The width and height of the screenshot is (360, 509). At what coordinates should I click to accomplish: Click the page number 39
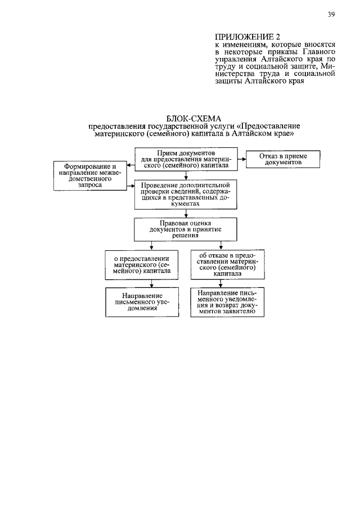click(x=331, y=14)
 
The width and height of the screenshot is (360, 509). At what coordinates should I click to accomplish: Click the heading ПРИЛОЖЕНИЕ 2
click(x=247, y=37)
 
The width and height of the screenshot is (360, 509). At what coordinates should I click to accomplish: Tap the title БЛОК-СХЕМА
click(x=194, y=119)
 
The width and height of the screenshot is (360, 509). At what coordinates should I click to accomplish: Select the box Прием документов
click(x=186, y=159)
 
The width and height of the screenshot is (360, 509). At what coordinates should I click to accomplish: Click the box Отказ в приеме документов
click(x=283, y=159)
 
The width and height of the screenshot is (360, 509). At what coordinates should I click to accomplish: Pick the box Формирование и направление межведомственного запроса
click(x=90, y=175)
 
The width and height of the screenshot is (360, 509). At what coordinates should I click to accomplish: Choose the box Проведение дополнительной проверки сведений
click(x=186, y=195)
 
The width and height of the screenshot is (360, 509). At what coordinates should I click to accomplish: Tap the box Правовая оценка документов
click(x=186, y=229)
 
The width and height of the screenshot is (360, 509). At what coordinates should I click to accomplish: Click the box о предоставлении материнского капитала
click(x=142, y=264)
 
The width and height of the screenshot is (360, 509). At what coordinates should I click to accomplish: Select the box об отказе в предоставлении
click(x=228, y=264)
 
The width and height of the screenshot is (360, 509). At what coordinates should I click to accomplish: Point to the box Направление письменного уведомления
click(x=142, y=302)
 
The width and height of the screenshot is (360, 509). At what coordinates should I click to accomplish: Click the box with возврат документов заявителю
click(x=227, y=302)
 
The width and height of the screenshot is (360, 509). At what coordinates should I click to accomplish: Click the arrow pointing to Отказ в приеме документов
click(x=242, y=159)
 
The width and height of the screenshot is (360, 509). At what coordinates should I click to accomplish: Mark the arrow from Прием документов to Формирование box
click(x=130, y=165)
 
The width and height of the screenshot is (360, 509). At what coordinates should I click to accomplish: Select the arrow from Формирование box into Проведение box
click(x=130, y=186)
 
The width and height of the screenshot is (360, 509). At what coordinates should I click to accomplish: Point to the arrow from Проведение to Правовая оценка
click(x=186, y=214)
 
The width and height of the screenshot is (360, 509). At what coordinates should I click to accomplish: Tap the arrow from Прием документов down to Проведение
click(x=186, y=175)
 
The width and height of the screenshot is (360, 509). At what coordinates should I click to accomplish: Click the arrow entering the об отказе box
click(x=221, y=245)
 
